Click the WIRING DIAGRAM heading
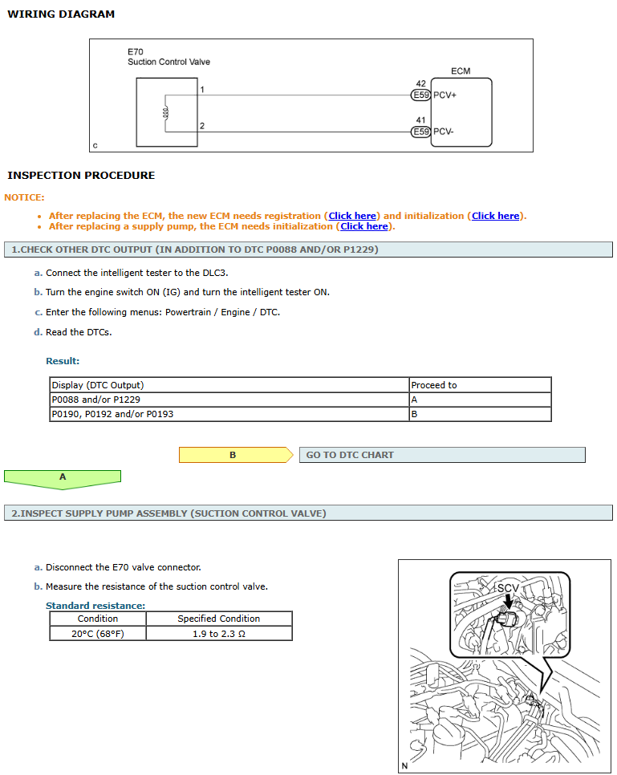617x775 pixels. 61,14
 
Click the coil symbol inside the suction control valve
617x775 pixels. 165,112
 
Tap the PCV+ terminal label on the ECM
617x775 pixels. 444,95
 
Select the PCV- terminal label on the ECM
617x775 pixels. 444,132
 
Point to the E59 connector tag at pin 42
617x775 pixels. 420,95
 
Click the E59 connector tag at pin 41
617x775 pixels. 420,132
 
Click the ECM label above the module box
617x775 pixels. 461,71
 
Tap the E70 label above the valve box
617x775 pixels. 135,52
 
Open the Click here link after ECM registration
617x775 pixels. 352,216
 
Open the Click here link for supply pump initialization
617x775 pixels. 364,226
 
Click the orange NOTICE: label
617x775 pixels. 25,197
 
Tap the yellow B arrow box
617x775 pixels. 233,455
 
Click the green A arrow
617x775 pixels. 63,477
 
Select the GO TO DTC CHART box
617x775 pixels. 441,455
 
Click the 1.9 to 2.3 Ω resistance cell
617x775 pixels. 218,633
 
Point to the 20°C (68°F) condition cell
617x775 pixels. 97,633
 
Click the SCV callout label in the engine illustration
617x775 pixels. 508,588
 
